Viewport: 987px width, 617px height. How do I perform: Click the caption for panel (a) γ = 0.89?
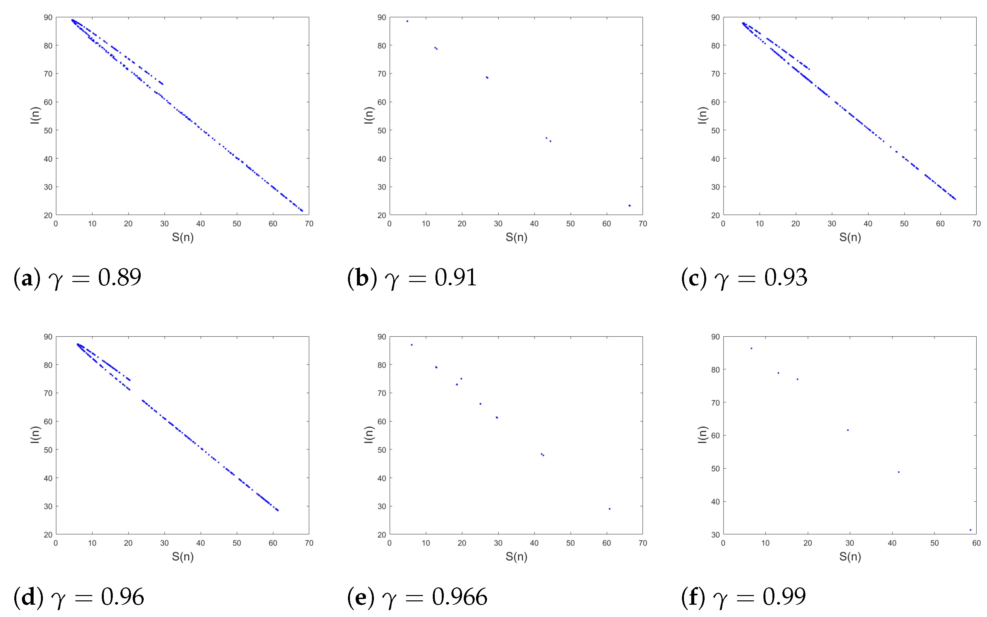(x=78, y=278)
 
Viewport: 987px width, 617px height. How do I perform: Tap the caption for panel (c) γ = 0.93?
(x=744, y=278)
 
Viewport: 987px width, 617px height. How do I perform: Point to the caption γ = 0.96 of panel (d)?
(x=79, y=597)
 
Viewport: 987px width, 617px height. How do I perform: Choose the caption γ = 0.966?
(x=417, y=597)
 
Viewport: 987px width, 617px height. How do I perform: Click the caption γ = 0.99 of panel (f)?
(x=743, y=597)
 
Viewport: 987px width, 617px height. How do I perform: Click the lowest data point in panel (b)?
(x=630, y=206)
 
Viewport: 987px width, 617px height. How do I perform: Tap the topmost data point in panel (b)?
(x=407, y=21)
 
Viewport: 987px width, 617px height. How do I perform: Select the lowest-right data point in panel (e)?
(x=609, y=509)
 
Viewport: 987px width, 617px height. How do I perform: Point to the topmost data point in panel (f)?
(x=751, y=349)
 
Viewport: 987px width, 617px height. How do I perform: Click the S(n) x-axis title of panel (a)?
(x=182, y=237)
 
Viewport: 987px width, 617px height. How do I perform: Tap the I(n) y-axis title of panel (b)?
(x=368, y=115)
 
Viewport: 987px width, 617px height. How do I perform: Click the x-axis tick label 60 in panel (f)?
(x=976, y=543)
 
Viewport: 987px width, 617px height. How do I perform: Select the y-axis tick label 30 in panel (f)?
(x=715, y=535)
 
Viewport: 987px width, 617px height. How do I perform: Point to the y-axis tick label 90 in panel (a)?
(x=48, y=18)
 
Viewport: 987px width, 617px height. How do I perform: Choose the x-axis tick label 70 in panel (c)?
(x=976, y=224)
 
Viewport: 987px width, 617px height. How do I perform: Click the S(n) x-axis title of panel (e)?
(x=516, y=556)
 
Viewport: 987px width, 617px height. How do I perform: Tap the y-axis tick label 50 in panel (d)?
(x=48, y=450)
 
